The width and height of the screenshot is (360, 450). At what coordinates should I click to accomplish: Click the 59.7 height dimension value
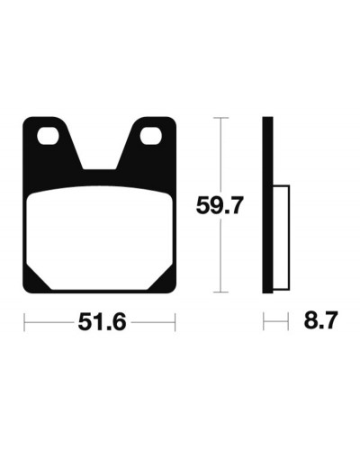[x=219, y=205]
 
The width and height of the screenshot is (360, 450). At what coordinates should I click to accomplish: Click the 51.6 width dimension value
[x=102, y=322]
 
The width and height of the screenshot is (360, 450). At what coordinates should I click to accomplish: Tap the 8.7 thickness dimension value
[x=320, y=320]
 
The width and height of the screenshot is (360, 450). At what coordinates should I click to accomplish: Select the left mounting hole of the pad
[x=48, y=136]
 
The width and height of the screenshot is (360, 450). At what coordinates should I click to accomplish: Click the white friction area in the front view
[x=99, y=238]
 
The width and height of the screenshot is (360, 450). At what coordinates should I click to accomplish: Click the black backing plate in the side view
[x=267, y=205]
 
